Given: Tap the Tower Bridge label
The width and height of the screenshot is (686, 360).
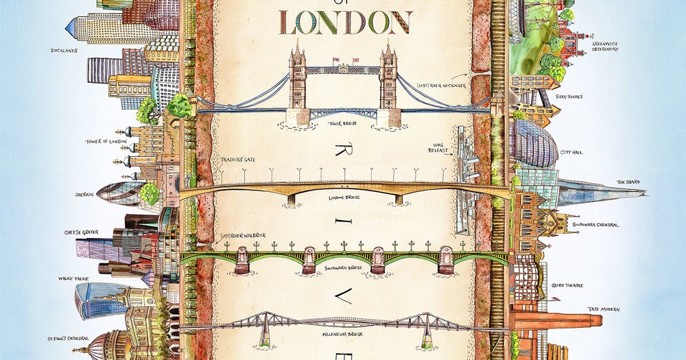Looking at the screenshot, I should (344, 124).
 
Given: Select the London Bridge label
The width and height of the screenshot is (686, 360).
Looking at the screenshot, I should (344, 197).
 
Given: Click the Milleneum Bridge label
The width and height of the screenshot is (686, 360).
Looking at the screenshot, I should (345, 336).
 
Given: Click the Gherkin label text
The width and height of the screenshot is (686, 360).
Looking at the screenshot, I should (84, 194).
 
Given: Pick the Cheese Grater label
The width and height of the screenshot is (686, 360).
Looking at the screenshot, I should (82, 232).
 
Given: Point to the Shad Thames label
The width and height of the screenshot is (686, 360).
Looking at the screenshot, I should (569, 97).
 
